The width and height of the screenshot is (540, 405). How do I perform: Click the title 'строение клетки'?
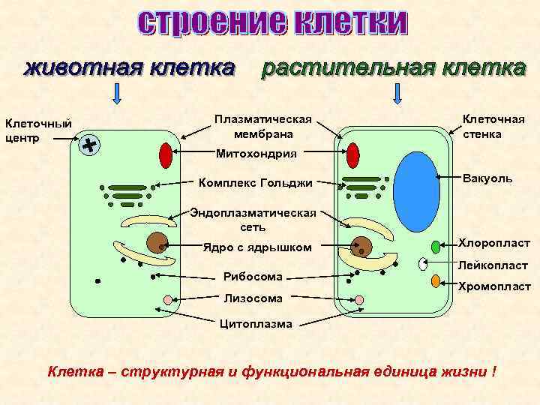click(x=272, y=24)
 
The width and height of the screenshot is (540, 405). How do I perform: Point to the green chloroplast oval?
click(x=436, y=247)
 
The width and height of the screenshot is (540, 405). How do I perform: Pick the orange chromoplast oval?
click(x=435, y=282)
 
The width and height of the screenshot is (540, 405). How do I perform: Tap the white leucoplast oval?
click(x=424, y=263)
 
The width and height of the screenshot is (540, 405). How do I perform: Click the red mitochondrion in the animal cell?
click(x=166, y=155)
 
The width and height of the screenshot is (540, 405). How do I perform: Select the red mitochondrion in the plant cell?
click(x=353, y=155)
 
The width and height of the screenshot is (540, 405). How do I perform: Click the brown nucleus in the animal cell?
click(x=157, y=243)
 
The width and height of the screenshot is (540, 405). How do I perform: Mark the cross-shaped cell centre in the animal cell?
click(x=91, y=145)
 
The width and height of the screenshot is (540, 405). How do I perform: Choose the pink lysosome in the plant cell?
click(x=359, y=300)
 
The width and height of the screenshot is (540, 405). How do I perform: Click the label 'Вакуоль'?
click(x=488, y=178)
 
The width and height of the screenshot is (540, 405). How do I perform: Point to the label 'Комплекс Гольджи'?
click(x=254, y=182)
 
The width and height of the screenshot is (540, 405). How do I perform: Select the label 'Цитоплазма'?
click(x=256, y=324)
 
